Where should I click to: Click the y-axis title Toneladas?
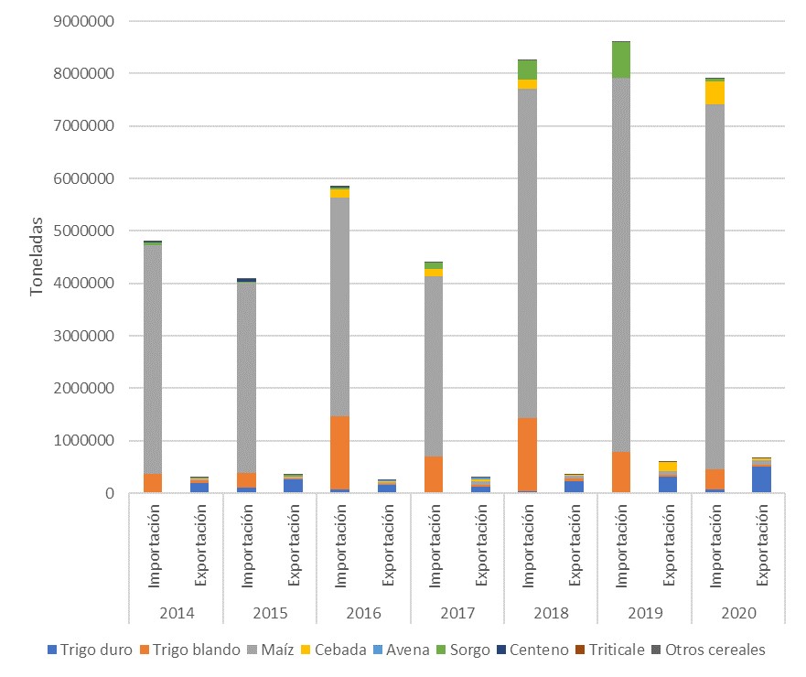tap(38, 256)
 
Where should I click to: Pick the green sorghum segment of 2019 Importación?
tap(622, 60)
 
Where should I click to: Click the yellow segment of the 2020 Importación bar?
tap(716, 92)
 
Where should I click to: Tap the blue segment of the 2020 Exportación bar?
tap(763, 479)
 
